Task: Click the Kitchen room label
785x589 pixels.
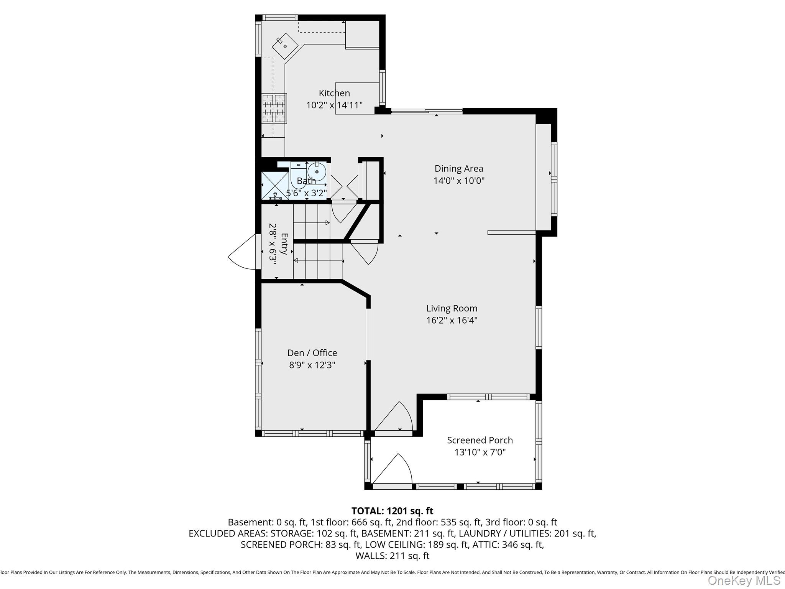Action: click(x=334, y=93)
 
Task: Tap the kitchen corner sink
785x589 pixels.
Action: click(x=285, y=46)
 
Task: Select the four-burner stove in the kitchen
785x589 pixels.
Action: click(x=274, y=108)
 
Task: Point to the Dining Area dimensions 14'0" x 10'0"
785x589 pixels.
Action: click(x=459, y=181)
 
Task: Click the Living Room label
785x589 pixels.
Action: click(x=452, y=308)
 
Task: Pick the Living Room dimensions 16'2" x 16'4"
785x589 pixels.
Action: click(x=452, y=321)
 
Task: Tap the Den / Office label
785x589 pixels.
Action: click(x=312, y=353)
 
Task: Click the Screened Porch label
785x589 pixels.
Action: click(x=480, y=440)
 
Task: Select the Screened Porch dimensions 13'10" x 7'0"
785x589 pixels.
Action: click(x=480, y=452)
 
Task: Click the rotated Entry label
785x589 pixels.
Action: click(x=284, y=244)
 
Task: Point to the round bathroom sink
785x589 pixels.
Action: click(x=317, y=171)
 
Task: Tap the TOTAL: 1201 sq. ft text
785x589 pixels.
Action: click(x=392, y=511)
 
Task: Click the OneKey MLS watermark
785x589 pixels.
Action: click(x=744, y=581)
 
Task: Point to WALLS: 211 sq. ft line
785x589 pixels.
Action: click(x=392, y=556)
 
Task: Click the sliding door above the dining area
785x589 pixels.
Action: click(x=427, y=112)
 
